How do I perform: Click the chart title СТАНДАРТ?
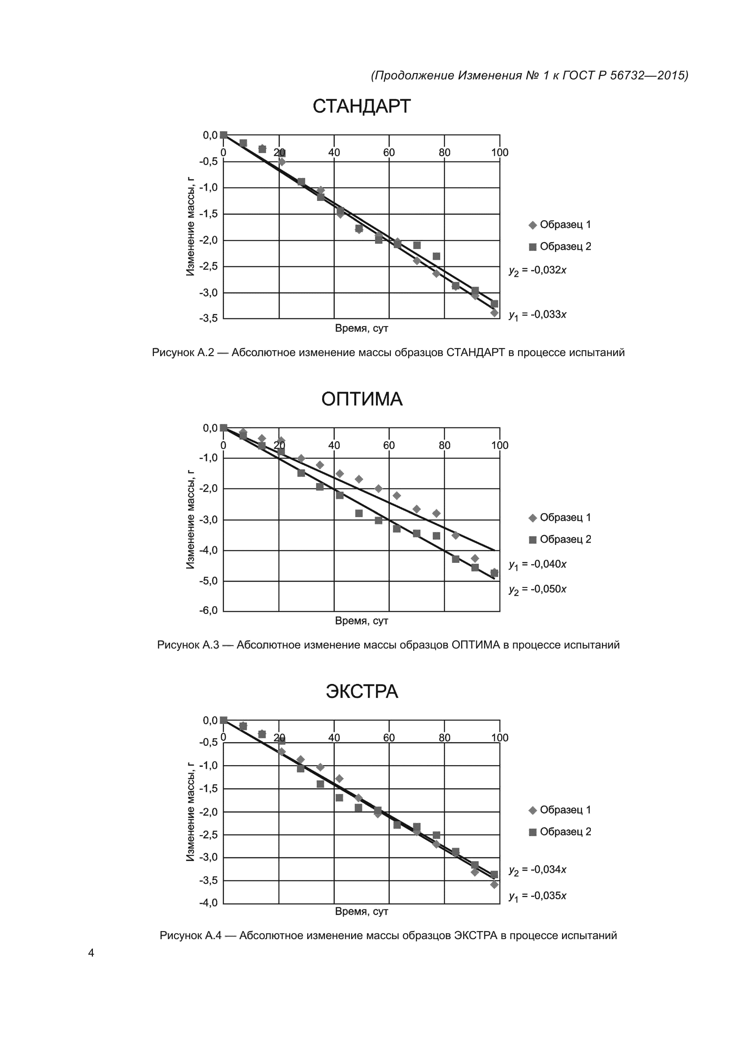pos(362,106)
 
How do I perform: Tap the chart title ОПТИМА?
pos(362,399)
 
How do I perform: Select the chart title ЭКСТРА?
pos(362,692)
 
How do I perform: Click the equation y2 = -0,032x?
pos(537,270)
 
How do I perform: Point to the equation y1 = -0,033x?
pos(537,315)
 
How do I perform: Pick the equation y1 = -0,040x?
pos(537,565)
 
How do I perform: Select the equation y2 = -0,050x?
pos(537,589)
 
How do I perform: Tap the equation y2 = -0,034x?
pos(537,870)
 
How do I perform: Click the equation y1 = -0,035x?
pos(537,896)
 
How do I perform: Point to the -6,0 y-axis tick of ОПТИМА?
pos(208,611)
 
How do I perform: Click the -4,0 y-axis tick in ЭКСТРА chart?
pos(208,903)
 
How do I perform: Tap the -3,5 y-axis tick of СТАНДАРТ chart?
pos(208,318)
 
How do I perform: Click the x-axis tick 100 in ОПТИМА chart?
pos(499,445)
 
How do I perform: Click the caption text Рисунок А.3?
pos(188,645)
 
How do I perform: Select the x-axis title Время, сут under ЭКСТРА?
pos(362,912)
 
